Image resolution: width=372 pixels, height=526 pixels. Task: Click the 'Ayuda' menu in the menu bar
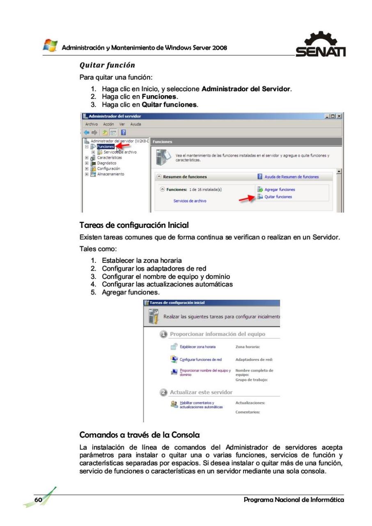click(x=136, y=124)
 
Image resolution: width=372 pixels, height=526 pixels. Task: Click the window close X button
click(x=339, y=117)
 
